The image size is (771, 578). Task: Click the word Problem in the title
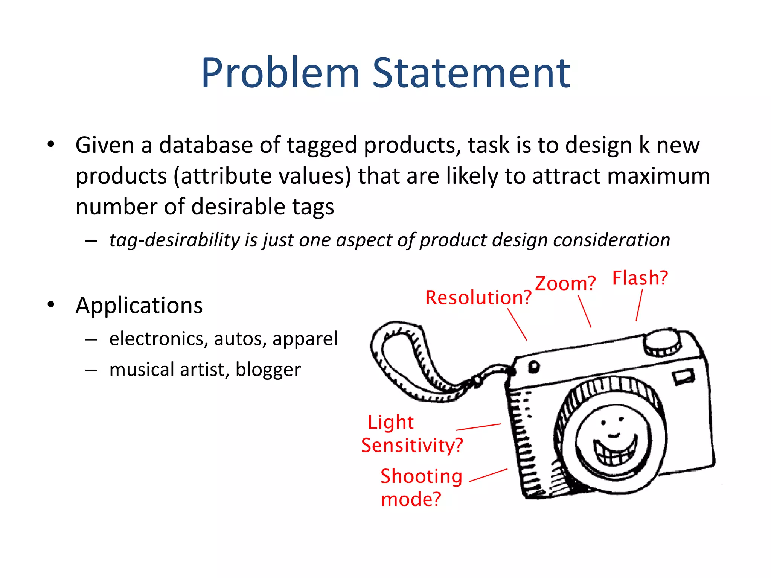tap(280, 73)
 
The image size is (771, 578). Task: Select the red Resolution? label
tap(478, 298)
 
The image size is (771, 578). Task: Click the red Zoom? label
tap(565, 283)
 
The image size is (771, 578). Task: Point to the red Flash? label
tap(640, 278)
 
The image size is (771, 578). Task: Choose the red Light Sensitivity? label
tap(411, 434)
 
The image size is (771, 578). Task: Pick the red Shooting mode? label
tap(421, 488)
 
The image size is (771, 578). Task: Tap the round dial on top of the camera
tap(662, 342)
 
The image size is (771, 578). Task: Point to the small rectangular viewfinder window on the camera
tap(684, 377)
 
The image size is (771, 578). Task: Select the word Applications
tap(139, 305)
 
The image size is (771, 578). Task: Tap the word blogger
tap(268, 370)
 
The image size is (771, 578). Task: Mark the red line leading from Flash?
tap(639, 305)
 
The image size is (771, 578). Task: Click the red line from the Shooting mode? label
tap(488, 475)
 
